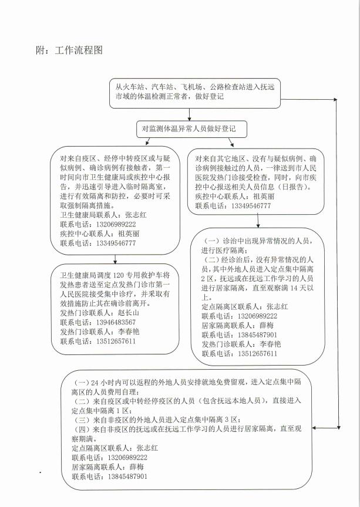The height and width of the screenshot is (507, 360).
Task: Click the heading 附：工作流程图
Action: coord(69,50)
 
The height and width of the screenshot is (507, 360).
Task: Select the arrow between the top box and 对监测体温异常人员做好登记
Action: coord(189,114)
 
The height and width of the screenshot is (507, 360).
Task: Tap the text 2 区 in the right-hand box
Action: coord(208,279)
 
